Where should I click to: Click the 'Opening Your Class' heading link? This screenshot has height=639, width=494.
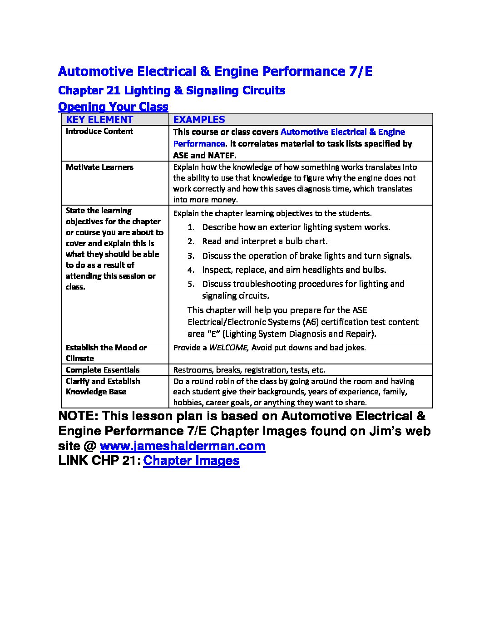113,107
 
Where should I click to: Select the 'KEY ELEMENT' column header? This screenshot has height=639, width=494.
99,119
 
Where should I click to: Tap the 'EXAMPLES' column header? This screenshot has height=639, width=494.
199,119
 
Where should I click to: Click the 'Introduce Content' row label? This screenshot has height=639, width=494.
99,131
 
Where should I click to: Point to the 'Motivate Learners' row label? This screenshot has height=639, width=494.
99,167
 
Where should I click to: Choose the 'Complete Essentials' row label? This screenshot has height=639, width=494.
102,370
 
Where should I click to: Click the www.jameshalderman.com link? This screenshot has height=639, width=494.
182,446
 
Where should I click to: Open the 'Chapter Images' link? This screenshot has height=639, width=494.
191,461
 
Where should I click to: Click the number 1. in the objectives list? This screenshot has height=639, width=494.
191,227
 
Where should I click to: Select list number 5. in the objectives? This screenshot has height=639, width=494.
191,284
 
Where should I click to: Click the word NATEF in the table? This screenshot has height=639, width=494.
221,155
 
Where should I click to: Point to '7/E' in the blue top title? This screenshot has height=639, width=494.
358,71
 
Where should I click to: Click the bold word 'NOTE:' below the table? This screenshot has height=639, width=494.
77,416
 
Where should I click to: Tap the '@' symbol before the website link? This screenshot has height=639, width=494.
89,446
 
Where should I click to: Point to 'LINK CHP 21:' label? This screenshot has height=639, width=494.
99,461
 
